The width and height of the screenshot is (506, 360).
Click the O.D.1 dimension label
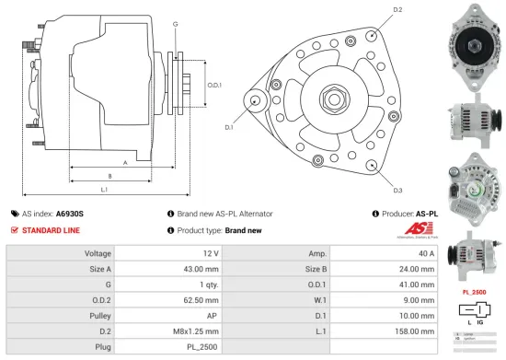click(x=214, y=86)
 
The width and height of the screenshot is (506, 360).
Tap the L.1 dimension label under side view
click(x=105, y=190)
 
